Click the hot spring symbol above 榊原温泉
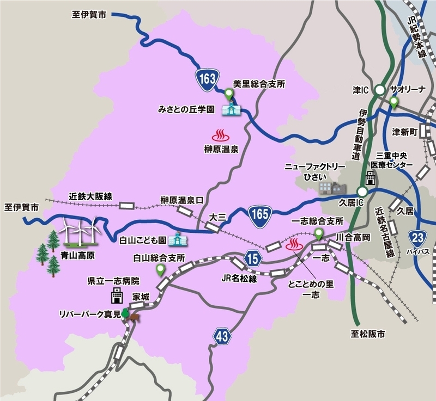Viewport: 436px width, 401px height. (220, 134)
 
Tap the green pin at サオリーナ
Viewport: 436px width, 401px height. (393, 102)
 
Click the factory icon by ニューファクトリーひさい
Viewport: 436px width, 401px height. (332, 187)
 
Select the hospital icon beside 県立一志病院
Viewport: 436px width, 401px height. (116, 296)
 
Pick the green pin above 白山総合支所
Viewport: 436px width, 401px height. (160, 270)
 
